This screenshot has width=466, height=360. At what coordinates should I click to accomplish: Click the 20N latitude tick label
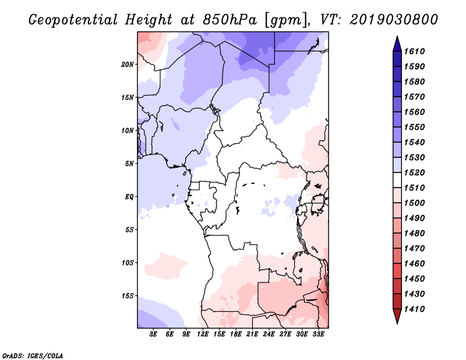coord(128,64)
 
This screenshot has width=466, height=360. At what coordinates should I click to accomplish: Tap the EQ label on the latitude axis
coord(129,196)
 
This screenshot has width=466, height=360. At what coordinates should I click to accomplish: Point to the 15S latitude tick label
coord(128,296)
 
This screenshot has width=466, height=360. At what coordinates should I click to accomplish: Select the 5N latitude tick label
coord(129,164)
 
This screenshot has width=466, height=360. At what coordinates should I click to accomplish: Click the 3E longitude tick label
coord(153,334)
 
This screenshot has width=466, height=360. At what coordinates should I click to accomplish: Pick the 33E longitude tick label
coord(318,334)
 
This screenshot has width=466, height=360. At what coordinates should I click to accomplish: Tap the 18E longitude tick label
coord(236,334)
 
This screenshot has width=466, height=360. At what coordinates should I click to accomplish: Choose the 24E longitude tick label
coord(269,334)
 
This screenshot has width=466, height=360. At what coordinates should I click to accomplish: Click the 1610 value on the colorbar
coord(414,51)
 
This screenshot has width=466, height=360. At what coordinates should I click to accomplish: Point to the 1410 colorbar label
coord(414,309)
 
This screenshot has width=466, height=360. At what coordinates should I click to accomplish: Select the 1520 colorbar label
coord(414,172)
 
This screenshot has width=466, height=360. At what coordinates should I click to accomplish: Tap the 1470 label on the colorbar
coord(414,249)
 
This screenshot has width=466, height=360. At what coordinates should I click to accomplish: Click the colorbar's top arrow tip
coord(397,36)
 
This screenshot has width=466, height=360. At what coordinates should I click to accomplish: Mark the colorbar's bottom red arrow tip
coord(397,324)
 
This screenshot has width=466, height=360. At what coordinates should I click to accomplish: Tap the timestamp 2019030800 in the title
coord(394,20)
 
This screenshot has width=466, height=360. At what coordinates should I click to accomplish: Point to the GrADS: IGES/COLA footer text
coord(33,355)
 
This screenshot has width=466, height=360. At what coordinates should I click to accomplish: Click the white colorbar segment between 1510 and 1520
coord(397,180)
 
